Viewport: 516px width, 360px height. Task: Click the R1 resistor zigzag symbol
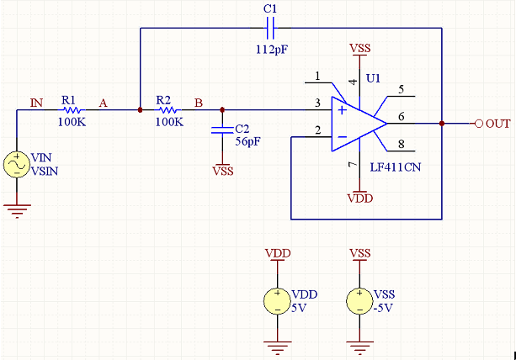tap(72, 110)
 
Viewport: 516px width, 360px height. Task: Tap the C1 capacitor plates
tap(270, 28)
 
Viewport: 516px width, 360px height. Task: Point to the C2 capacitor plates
tap(222, 130)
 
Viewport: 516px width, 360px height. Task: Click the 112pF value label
tap(272, 50)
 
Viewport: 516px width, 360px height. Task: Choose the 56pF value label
tap(247, 141)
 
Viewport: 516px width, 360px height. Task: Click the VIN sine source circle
tap(17, 164)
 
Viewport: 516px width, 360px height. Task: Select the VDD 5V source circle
tap(277, 301)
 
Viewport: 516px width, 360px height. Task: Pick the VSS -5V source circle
tap(359, 301)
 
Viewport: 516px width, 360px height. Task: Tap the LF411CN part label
tap(396, 167)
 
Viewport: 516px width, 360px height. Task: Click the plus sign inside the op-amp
tap(343, 110)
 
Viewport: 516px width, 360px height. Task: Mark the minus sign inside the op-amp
tap(343, 137)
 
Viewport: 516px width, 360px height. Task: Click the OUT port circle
tap(479, 124)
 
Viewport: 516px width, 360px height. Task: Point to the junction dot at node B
tap(222, 110)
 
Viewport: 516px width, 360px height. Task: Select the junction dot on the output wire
tap(442, 124)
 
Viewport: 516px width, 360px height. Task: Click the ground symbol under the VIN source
tap(17, 211)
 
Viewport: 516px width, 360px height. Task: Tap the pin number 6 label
tap(402, 116)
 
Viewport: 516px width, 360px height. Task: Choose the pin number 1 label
tap(317, 76)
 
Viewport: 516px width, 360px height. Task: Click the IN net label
tap(36, 103)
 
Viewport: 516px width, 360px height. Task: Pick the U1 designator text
tap(373, 78)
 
